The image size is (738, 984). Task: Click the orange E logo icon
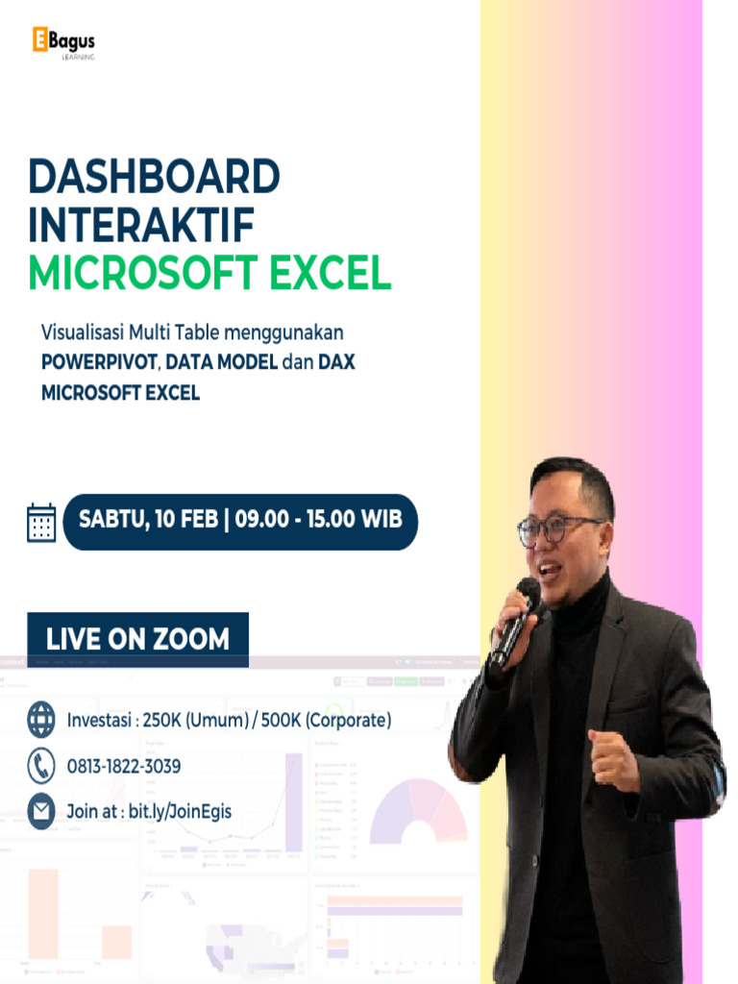pyautogui.click(x=40, y=39)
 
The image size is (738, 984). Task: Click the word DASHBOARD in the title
pyautogui.click(x=154, y=177)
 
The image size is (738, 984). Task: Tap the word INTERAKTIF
pyautogui.click(x=141, y=225)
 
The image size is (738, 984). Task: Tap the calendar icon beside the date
pyautogui.click(x=41, y=522)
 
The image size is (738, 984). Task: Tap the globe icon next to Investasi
pyautogui.click(x=41, y=719)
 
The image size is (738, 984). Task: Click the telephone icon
pyautogui.click(x=41, y=766)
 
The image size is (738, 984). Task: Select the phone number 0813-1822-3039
pyautogui.click(x=124, y=767)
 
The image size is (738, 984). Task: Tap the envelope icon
pyautogui.click(x=41, y=811)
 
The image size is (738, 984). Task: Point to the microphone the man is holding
pyautogui.click(x=516, y=621)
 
